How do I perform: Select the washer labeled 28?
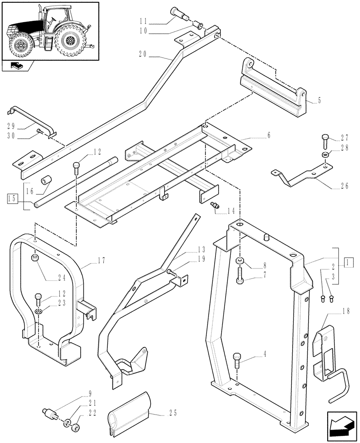tap(325, 155)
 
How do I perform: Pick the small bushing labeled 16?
tap(46, 182)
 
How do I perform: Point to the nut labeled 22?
tap(76, 427)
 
